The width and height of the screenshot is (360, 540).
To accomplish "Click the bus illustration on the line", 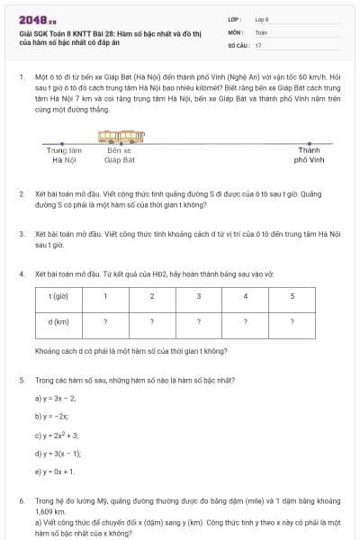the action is [x=121, y=138].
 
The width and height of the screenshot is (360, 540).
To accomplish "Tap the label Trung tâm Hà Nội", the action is [x=64, y=155].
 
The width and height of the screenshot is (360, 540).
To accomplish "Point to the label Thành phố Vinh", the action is [x=309, y=155].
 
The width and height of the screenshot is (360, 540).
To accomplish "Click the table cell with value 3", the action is [x=198, y=296].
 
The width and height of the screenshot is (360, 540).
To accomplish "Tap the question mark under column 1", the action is [x=105, y=321].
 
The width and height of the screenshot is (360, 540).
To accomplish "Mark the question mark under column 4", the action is [x=246, y=321].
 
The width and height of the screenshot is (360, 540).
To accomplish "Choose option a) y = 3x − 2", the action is [x=56, y=397].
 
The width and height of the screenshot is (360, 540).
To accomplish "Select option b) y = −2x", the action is [x=51, y=415].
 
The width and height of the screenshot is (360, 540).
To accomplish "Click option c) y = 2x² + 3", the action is [x=58, y=434].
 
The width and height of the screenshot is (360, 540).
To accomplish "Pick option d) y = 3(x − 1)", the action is [x=58, y=453].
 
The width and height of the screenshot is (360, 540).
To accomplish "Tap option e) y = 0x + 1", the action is [x=56, y=471].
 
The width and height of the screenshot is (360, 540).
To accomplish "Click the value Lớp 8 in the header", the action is [x=262, y=19].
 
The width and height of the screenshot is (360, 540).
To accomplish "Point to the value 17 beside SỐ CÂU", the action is [x=258, y=43].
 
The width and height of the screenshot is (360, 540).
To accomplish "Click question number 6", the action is [x=21, y=499].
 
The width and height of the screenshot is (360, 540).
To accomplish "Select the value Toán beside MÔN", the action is [x=261, y=31].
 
